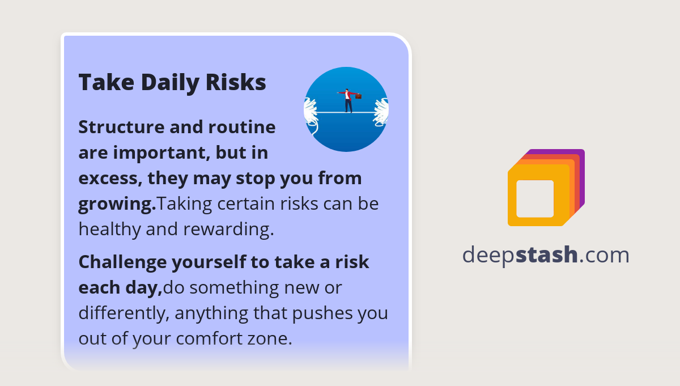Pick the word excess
coord(109,178)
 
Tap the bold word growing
coord(116,204)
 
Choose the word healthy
coord(109,228)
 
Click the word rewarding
coord(228,228)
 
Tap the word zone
coord(272,338)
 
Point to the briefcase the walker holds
coord(358,96)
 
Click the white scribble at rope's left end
coord(310,111)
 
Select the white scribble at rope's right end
coord(381,111)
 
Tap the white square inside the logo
coord(535,198)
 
